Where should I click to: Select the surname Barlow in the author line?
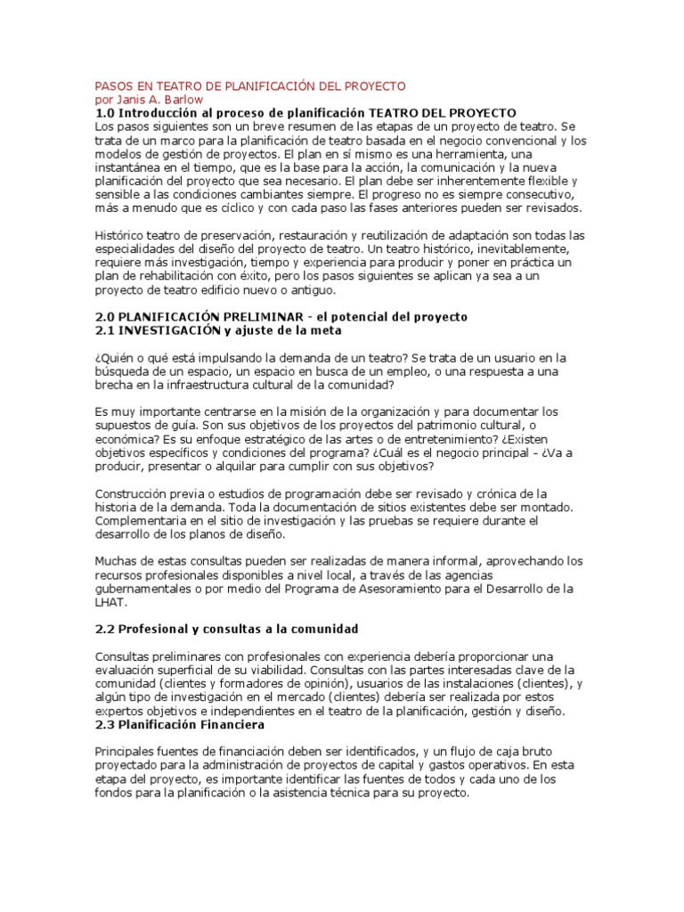coord(183,100)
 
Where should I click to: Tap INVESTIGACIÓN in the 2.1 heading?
coord(169,330)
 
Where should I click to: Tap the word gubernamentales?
coord(147,589)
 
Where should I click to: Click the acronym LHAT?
coord(110,603)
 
